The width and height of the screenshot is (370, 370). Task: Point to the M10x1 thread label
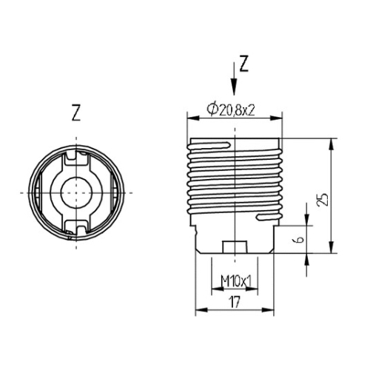(235, 281)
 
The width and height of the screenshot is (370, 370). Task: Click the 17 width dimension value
(234, 302)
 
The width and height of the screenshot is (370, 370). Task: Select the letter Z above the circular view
(76, 112)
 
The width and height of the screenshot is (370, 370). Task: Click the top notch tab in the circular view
(77, 157)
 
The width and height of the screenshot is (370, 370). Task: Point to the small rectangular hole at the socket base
(234, 246)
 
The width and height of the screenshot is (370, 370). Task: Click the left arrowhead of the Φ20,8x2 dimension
(189, 118)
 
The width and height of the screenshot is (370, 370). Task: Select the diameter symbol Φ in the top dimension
(212, 109)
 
